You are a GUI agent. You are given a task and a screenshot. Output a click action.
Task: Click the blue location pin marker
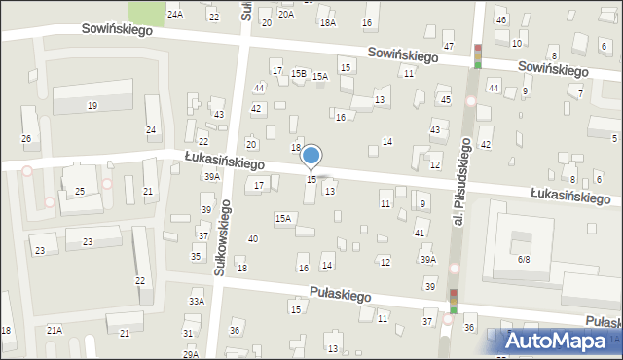[x=311, y=156]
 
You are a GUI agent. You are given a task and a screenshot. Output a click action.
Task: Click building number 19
[x=92, y=105]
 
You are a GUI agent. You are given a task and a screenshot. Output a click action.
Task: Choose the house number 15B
[x=299, y=73]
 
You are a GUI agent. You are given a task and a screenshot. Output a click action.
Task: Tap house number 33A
[x=197, y=302]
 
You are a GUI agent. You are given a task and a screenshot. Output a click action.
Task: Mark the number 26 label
[x=26, y=139]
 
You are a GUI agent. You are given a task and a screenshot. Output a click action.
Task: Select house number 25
[x=80, y=191]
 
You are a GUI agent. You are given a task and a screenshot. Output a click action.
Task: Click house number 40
[x=253, y=239]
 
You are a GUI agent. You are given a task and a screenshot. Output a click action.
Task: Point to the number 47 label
[x=448, y=47]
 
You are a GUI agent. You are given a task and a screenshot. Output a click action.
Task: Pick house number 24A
[x=174, y=15]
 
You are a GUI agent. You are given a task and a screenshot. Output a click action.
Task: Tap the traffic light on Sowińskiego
[x=477, y=56]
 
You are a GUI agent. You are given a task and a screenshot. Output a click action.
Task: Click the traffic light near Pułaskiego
[x=453, y=301]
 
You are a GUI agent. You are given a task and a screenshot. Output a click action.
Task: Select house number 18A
[x=327, y=22]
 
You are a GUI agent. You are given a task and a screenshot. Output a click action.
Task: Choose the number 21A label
[x=54, y=331]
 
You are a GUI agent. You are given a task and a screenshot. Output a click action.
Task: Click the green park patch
[x=147, y=12]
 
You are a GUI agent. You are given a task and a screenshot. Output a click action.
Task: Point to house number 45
[x=445, y=100]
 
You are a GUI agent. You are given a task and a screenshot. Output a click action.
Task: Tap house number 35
[x=196, y=257]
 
